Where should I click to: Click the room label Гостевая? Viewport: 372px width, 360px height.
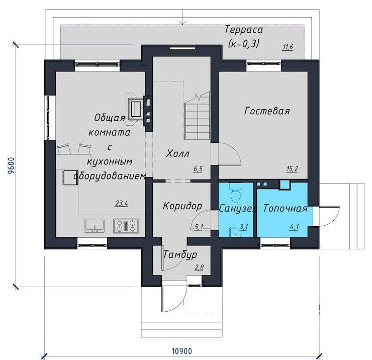tap(267, 111)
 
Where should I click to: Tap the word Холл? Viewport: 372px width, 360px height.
tap(177, 154)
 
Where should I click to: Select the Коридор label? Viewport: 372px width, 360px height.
tap(182, 206)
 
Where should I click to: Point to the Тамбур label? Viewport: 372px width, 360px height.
tap(180, 255)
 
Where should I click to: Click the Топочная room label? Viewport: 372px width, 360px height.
tap(286, 208)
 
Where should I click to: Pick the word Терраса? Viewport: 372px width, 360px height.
tap(244, 30)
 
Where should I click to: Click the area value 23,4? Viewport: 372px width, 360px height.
tap(122, 203)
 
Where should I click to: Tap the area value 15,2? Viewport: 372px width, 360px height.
tap(292, 169)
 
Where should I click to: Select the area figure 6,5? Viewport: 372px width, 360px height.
tap(198, 169)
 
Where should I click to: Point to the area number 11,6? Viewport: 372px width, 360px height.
tap(288, 47)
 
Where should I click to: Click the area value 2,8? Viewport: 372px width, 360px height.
tap(199, 267)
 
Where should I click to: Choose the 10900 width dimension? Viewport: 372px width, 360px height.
tap(182, 351)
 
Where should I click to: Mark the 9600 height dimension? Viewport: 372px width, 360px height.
tap(11, 165)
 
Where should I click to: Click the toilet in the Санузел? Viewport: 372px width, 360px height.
tap(236, 193)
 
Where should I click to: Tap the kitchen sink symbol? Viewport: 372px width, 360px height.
tap(95, 226)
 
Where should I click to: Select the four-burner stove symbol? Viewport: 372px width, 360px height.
tap(126, 226)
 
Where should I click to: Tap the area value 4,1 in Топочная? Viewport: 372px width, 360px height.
tap(294, 227)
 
